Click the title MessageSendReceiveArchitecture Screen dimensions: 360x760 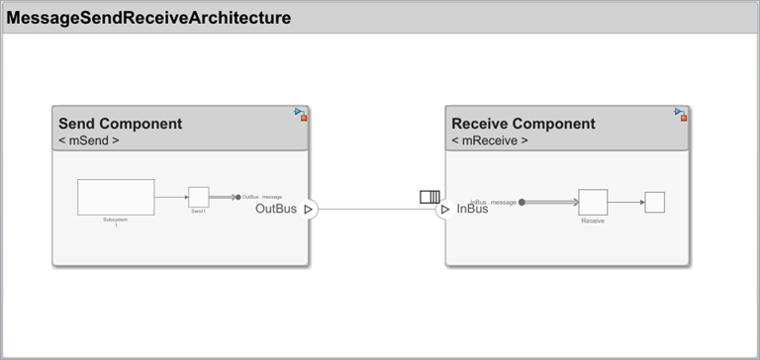point(149,18)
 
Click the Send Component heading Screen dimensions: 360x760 point(120,124)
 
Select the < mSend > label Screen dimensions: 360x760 point(89,140)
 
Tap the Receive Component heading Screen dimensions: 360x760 point(522,124)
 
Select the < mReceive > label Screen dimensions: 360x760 point(490,140)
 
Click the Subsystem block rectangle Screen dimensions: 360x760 point(116,197)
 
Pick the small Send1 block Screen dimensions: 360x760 point(198,197)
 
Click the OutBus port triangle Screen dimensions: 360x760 point(309,209)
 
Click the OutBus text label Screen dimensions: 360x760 point(276,209)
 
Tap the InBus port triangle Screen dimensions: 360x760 point(445,209)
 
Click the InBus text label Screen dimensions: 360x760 point(472,209)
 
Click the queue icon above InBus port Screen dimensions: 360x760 point(429,197)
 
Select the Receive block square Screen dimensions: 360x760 point(593,202)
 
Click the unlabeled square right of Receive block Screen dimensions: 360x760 point(654,202)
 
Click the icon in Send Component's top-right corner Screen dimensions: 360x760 point(301,114)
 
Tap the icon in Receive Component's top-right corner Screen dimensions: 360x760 point(680,114)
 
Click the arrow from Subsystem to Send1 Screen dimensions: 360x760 point(171,197)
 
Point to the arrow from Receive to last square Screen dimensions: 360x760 point(625,202)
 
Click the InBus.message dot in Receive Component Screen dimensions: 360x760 point(522,202)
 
